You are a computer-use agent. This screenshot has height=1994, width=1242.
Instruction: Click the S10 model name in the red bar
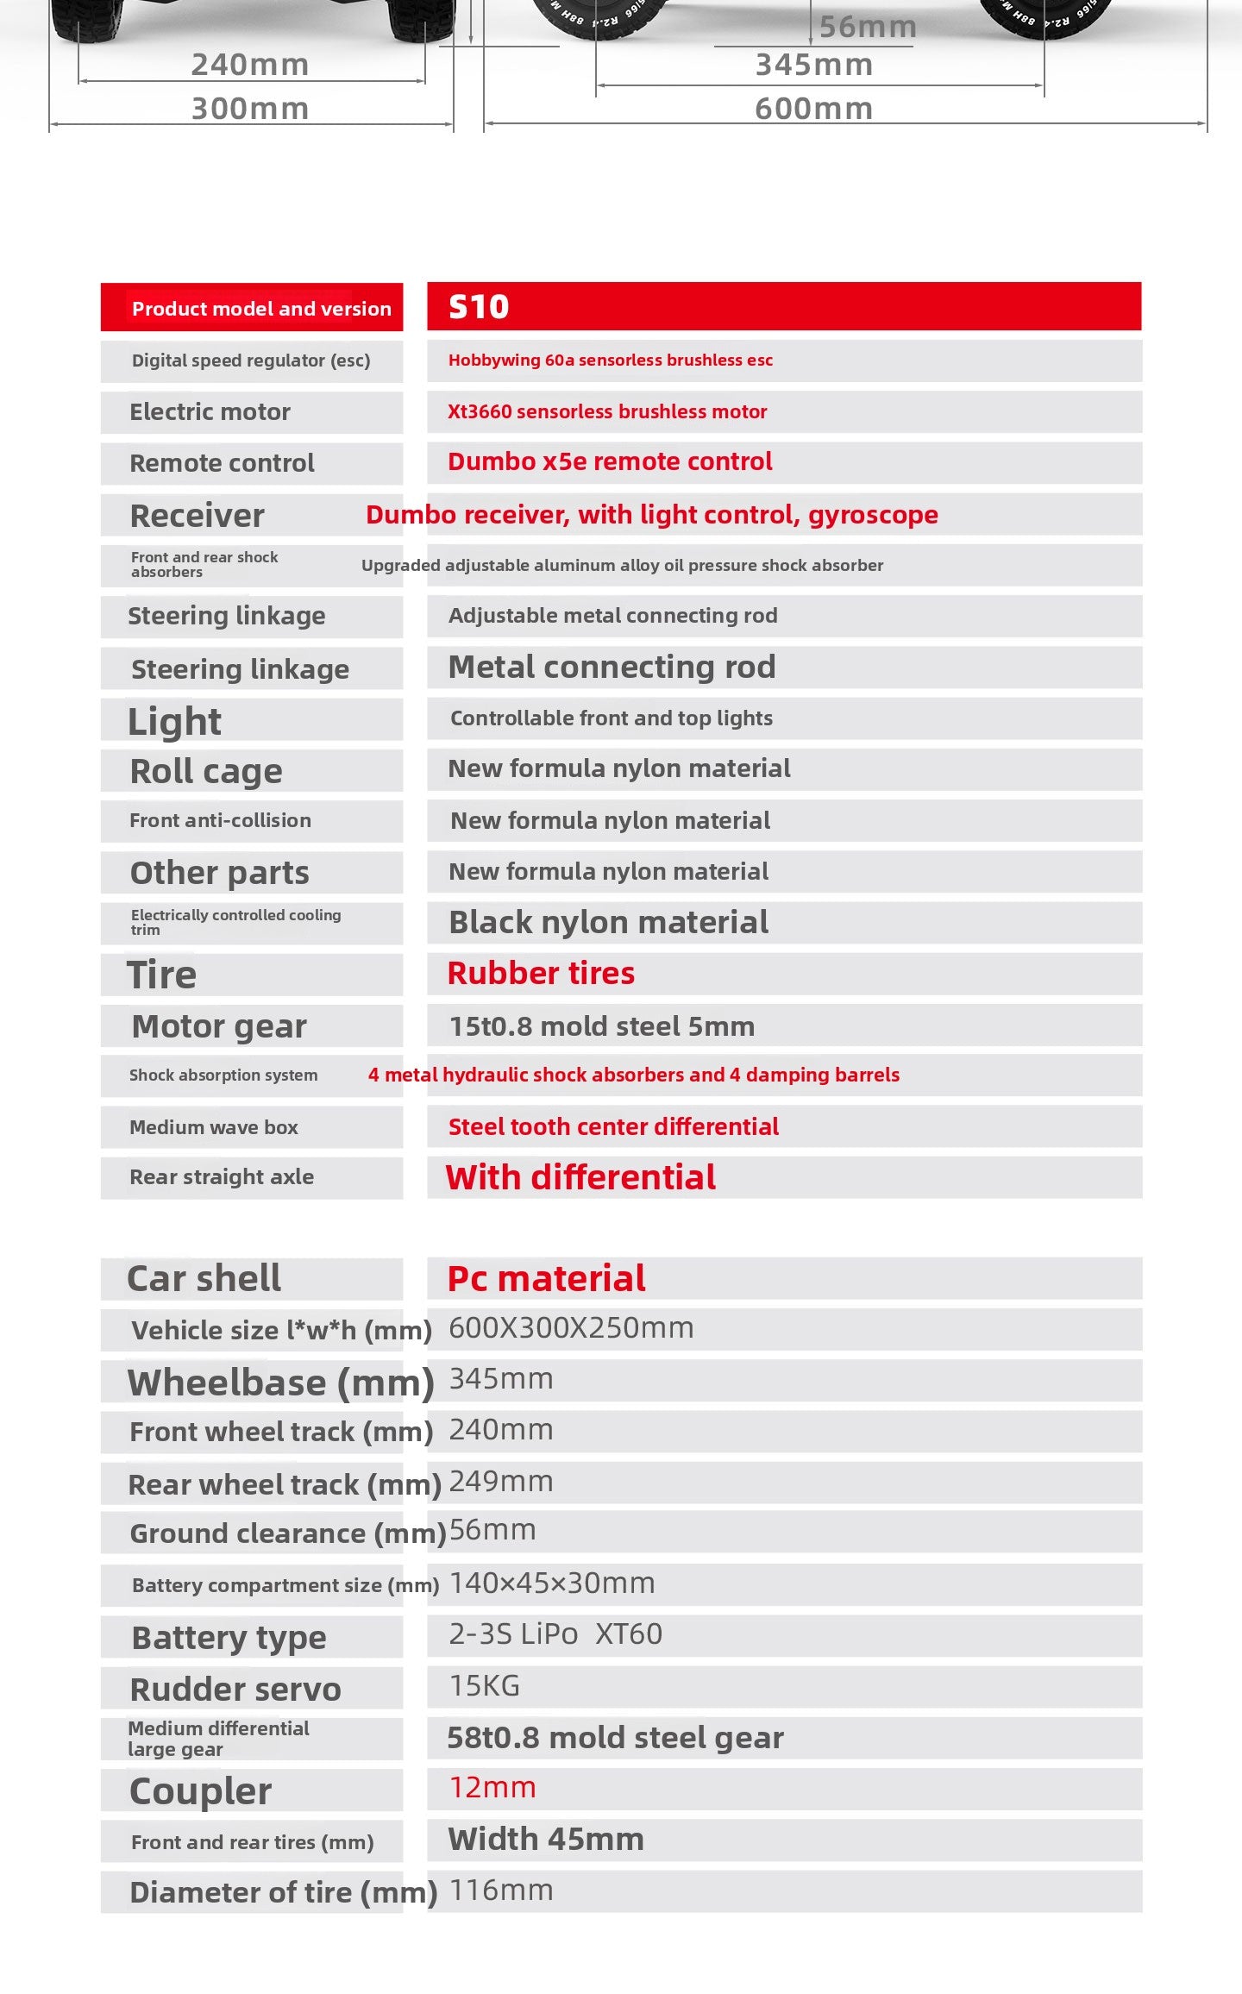pos(479,307)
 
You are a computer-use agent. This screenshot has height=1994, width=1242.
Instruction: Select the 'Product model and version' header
pos(261,309)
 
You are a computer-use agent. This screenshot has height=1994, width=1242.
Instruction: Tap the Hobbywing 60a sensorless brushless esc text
pos(610,361)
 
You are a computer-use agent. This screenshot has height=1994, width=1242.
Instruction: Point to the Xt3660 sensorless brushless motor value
pos(606,412)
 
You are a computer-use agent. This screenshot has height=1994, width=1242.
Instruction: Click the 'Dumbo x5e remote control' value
pos(610,462)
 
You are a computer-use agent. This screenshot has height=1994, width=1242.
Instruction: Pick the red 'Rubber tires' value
pos(541,974)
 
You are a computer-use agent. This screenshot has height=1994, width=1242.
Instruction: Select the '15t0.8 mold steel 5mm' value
pos(601,1026)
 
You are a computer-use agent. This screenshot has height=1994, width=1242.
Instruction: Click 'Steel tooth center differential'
pos(613,1126)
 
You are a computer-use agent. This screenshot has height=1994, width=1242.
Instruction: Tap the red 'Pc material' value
pos(546,1278)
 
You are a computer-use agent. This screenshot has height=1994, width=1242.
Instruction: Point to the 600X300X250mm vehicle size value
pos(571,1328)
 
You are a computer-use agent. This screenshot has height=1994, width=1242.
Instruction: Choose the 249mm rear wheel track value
pos(501,1482)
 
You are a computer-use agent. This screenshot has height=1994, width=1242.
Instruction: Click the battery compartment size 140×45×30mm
pos(552,1583)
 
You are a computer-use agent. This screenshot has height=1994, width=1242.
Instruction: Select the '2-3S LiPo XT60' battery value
pos(555,1634)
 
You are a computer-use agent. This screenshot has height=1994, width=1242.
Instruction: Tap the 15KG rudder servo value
pos(485,1686)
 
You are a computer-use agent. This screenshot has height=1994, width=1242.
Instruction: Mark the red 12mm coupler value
pos(492,1788)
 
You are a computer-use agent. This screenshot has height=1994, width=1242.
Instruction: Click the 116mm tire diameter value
pos(501,1891)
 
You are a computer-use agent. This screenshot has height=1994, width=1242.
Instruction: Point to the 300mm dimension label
pos(250,109)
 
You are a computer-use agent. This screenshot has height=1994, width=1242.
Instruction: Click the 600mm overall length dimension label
pos(813,109)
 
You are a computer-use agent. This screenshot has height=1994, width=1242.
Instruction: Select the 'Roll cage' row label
pos(206,771)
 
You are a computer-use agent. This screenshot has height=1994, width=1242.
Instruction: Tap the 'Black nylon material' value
pos(608,923)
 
